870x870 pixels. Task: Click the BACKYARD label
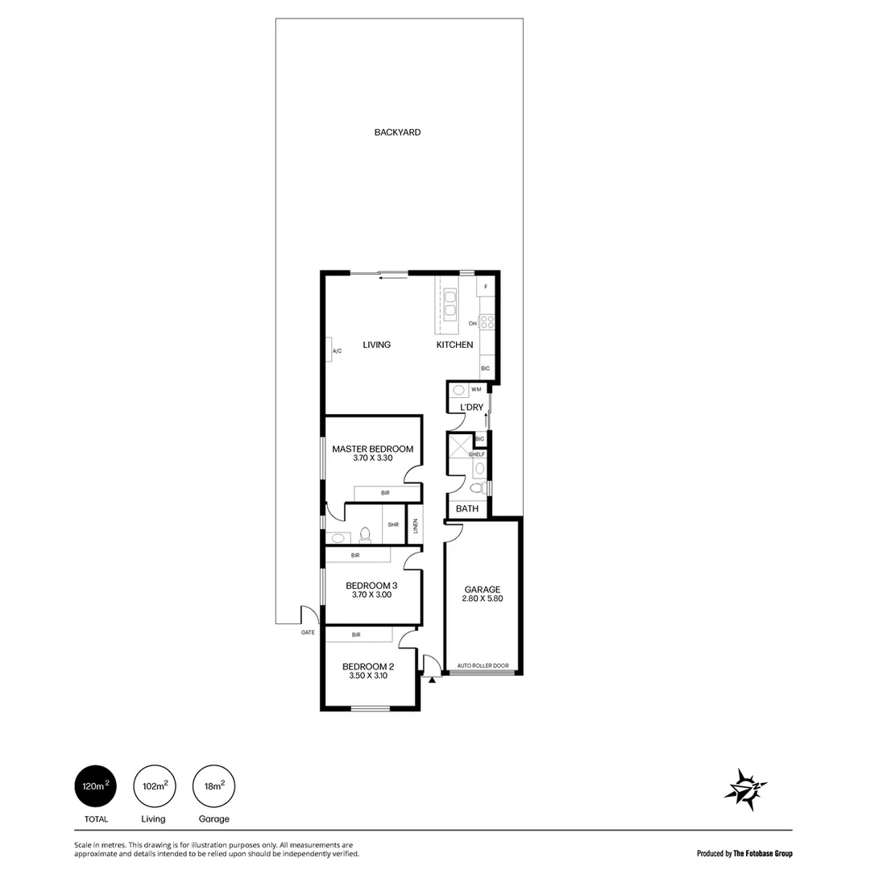(397, 132)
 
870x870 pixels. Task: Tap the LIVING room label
(376, 345)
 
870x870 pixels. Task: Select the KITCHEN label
(454, 345)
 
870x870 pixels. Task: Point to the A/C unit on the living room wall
(336, 350)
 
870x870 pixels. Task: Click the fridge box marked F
(486, 287)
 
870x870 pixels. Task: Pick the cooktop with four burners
(487, 322)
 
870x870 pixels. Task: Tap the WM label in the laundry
(476, 389)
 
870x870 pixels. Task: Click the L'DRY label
(471, 408)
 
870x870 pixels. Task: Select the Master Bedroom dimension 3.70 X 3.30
(372, 458)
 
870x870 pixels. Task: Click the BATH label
(467, 508)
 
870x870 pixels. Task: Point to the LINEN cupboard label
(416, 526)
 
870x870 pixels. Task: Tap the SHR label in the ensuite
(393, 524)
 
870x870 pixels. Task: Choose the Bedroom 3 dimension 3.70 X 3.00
(371, 595)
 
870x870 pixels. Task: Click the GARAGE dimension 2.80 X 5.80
(482, 599)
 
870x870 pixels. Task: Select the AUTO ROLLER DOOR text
(483, 666)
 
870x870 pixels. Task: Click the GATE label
(307, 632)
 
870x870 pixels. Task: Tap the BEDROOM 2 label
(368, 666)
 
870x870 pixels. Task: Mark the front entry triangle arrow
(433, 681)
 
